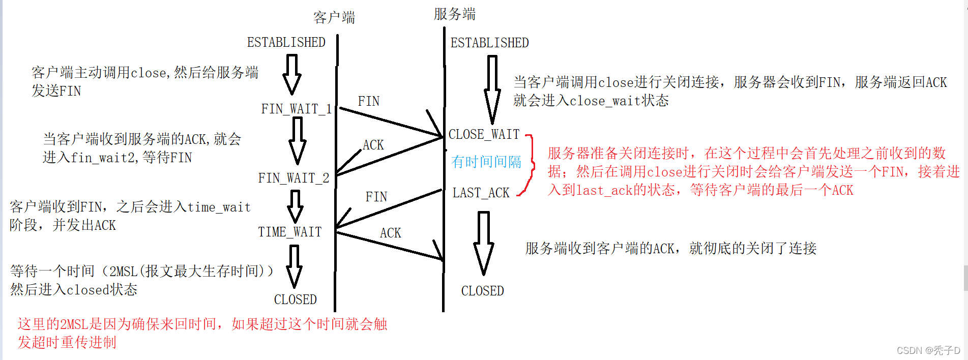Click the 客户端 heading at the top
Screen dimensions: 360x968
pyautogui.click(x=334, y=18)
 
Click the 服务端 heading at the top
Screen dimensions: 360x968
pyautogui.click(x=454, y=14)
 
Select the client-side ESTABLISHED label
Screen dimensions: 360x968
pyautogui.click(x=286, y=42)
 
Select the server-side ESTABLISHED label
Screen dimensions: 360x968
pyautogui.click(x=489, y=43)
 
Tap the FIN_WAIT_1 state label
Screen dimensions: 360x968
pyautogui.click(x=296, y=109)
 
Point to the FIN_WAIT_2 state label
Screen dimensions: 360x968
pyautogui.click(x=294, y=178)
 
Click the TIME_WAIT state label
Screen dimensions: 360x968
pyautogui.click(x=290, y=232)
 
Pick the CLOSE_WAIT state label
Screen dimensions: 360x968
pyautogui.click(x=484, y=134)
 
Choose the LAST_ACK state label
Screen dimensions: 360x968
pyautogui.click(x=481, y=193)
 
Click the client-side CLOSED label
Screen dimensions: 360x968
pyautogui.click(x=295, y=299)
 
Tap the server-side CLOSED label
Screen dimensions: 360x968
pyautogui.click(x=482, y=291)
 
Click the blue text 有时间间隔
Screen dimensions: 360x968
pyautogui.click(x=486, y=162)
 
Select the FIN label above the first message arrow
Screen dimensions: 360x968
pyautogui.click(x=368, y=101)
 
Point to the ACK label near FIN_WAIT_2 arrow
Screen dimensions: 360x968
pyautogui.click(x=373, y=145)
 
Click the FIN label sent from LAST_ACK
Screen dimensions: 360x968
pyautogui.click(x=376, y=197)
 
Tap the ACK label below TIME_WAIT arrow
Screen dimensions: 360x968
pyautogui.click(x=390, y=233)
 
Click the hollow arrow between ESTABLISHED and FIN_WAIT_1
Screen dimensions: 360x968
pyautogui.click(x=291, y=75)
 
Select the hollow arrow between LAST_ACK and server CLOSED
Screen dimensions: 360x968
pyautogui.click(x=483, y=243)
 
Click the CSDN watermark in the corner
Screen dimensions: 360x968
pyautogui.click(x=928, y=350)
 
